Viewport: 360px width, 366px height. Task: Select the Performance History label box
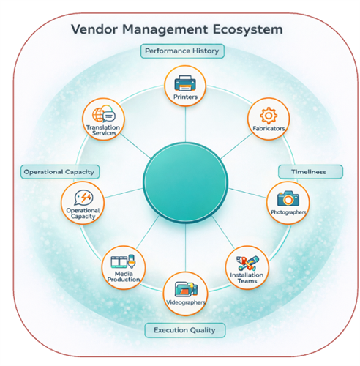[x=181, y=51]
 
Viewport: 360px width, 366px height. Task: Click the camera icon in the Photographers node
[x=287, y=198]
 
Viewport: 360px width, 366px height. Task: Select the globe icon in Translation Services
[x=100, y=115]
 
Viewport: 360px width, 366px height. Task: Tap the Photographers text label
[x=287, y=213]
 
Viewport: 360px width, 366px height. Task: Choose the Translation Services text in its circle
[x=102, y=130]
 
